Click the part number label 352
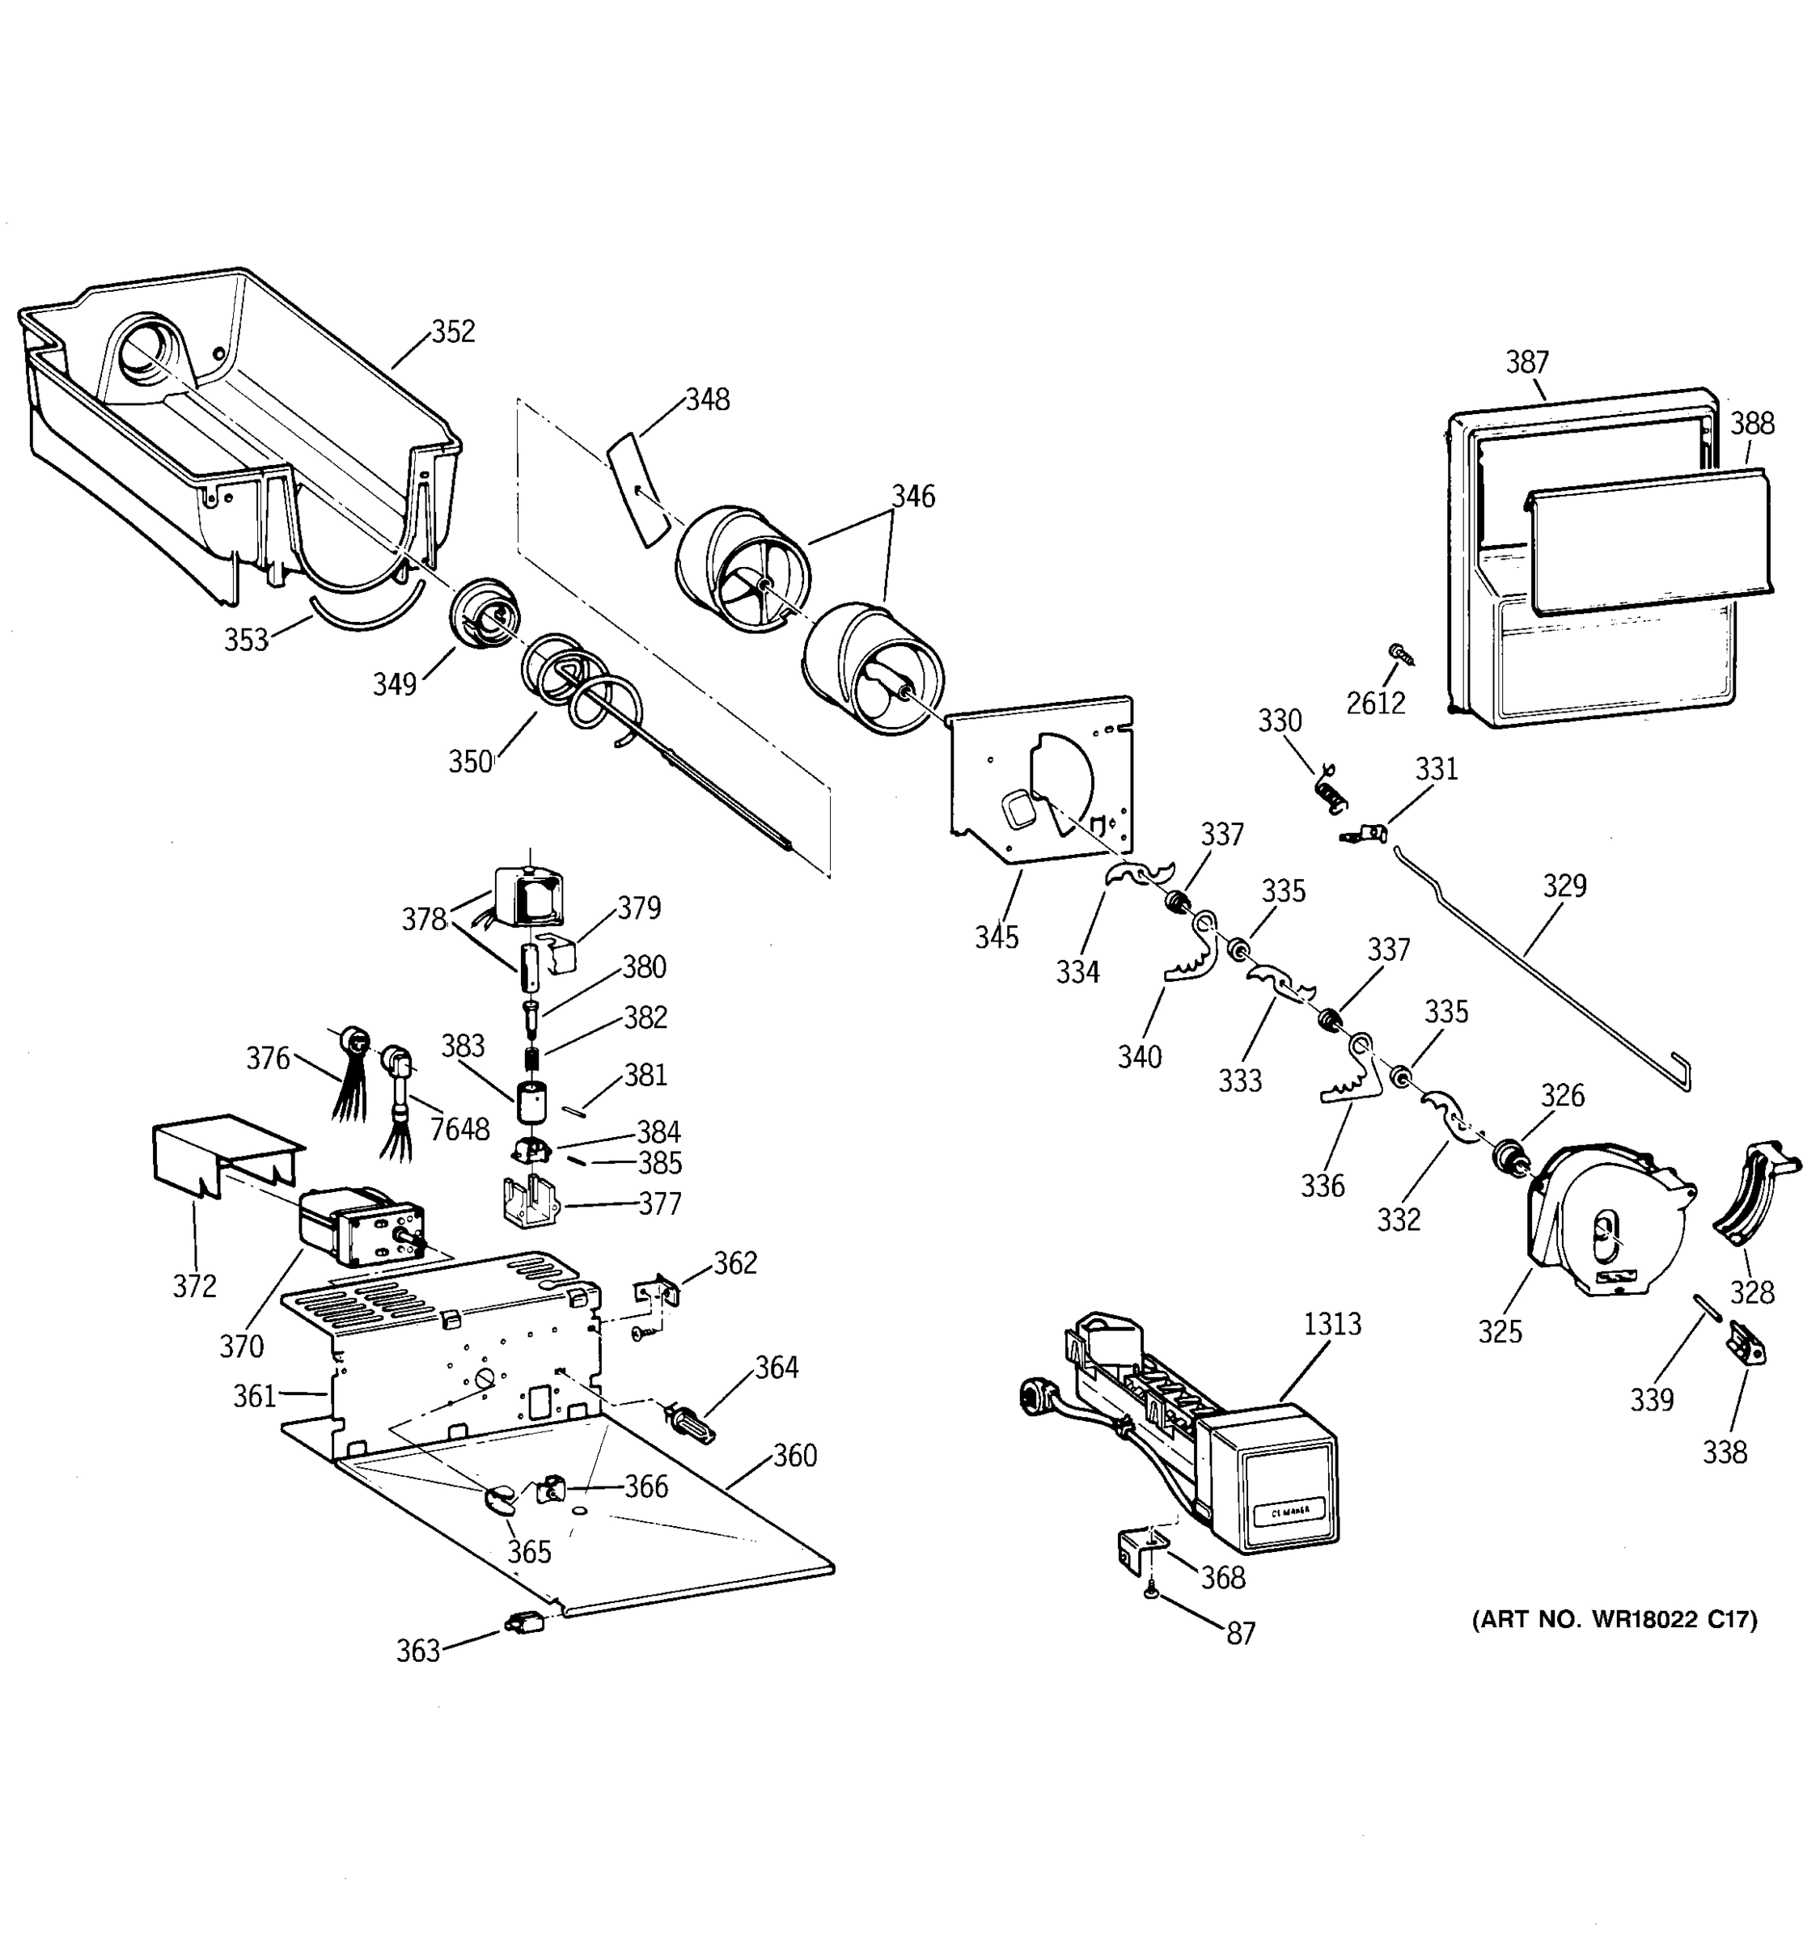(453, 332)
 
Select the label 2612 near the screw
(1376, 703)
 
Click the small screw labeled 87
(1151, 1593)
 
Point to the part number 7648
(460, 1129)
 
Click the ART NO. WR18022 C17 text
(1614, 1621)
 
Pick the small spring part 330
(1330, 786)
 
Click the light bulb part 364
(689, 1422)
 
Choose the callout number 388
(1752, 424)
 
